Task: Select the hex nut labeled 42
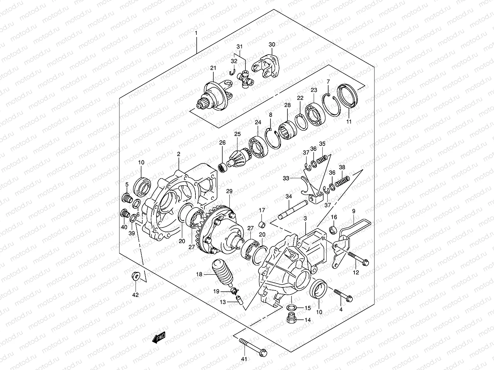click(x=135, y=275)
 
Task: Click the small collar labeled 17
click(x=262, y=224)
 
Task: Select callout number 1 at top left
click(x=196, y=33)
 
